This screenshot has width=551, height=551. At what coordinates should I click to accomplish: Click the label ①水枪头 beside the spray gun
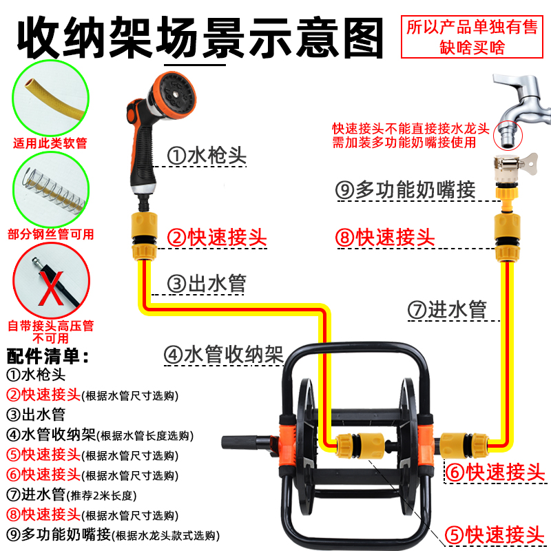207,156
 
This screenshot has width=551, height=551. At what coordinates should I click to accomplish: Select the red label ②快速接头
217,238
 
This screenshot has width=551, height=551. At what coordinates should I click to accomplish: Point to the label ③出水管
206,282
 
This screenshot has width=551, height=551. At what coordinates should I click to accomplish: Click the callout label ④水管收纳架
224,355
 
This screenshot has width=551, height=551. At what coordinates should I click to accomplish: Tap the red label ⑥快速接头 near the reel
495,472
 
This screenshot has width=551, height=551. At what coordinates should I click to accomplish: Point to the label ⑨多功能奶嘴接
406,189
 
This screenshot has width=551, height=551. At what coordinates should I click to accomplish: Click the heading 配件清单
48,356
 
